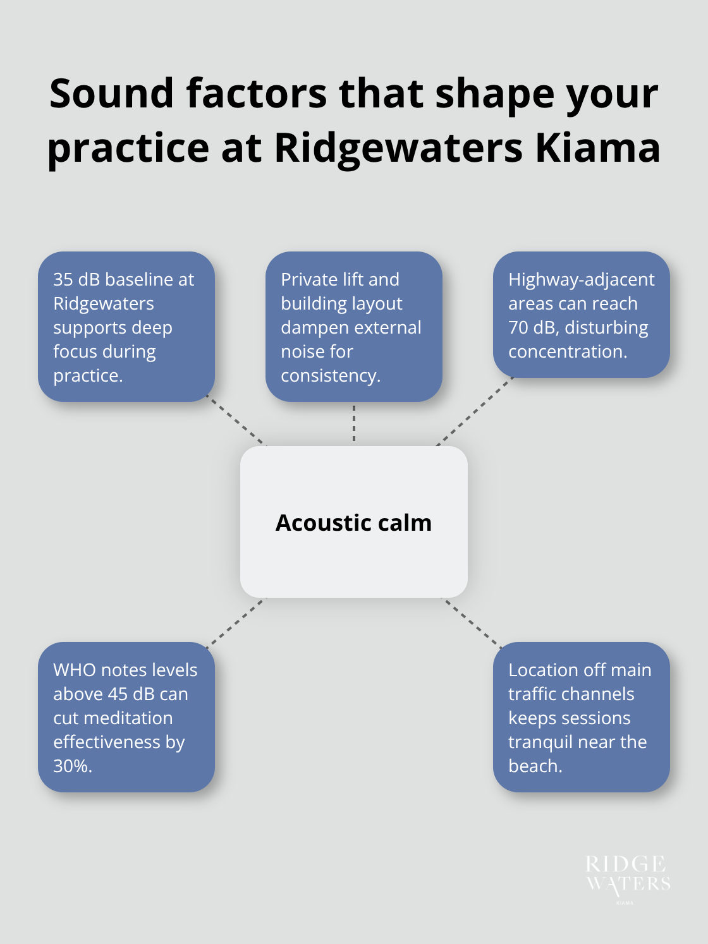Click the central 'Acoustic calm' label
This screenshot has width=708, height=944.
click(x=353, y=523)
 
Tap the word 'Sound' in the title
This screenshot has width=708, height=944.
click(x=112, y=94)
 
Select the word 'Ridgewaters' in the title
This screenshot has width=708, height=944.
click(x=398, y=148)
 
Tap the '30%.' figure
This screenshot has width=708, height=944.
click(x=73, y=766)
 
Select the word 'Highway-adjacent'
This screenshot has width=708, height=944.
click(x=581, y=279)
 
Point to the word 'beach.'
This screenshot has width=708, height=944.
click(x=535, y=766)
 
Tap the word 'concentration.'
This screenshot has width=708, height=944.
click(x=568, y=351)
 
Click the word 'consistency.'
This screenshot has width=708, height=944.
click(x=330, y=375)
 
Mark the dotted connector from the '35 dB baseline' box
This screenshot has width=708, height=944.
click(x=237, y=422)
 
